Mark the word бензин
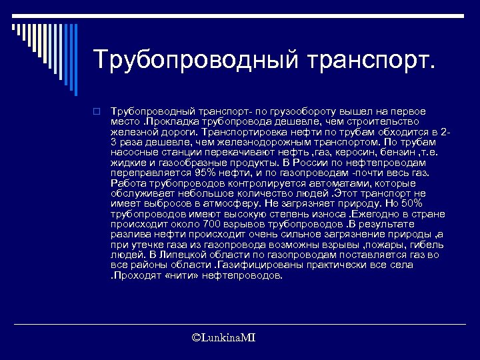click(x=392, y=152)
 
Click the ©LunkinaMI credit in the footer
click(x=223, y=339)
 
